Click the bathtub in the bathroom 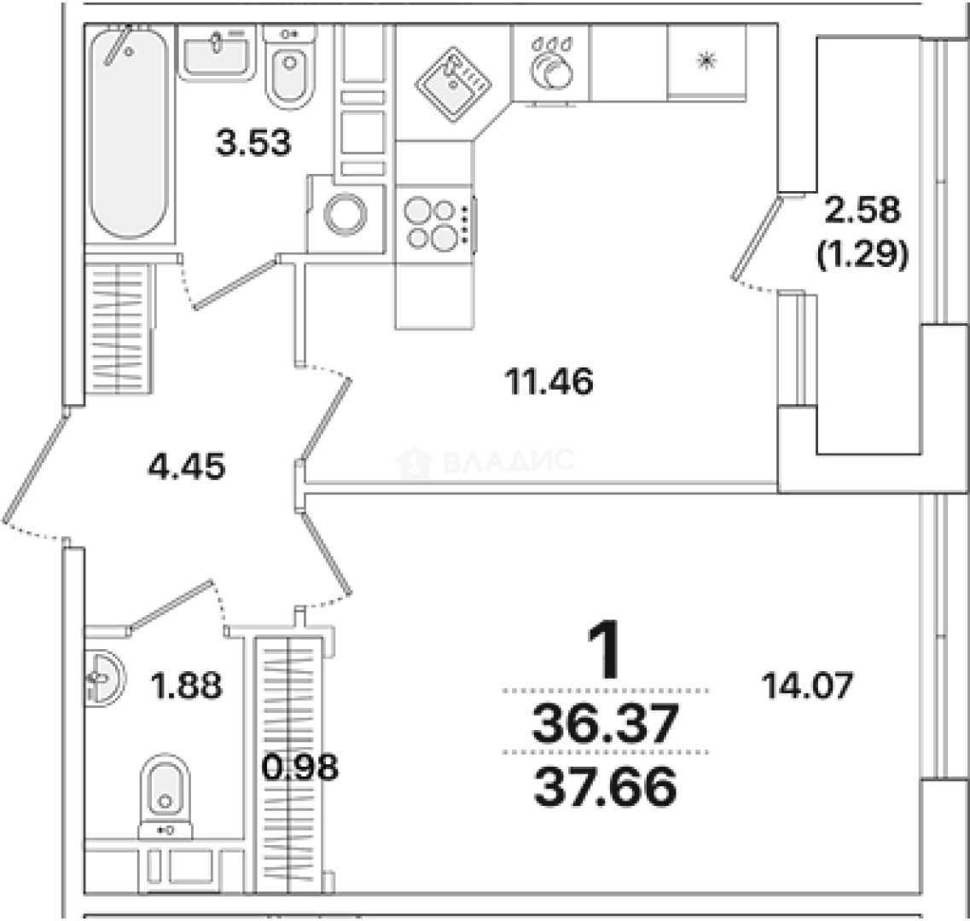tap(129, 132)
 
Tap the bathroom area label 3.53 tap(253, 142)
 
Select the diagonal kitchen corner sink tap(453, 84)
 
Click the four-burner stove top tap(435, 224)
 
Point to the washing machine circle tap(346, 215)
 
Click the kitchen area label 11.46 tap(549, 381)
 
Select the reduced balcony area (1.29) tap(863, 253)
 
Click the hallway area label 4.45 tap(186, 466)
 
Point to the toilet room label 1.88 tap(186, 686)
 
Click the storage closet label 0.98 tap(300, 767)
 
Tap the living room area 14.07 tap(807, 686)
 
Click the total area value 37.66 tap(605, 787)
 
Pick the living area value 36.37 tap(605, 724)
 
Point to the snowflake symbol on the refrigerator tap(706, 61)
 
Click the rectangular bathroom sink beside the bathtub tap(217, 52)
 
